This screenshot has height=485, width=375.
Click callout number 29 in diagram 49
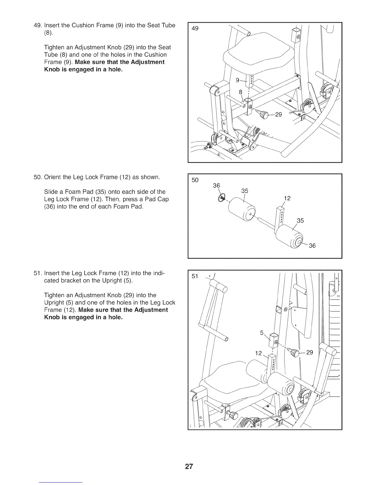tap(278, 115)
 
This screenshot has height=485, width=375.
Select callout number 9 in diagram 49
tap(237, 81)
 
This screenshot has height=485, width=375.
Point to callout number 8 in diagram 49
tap(241, 91)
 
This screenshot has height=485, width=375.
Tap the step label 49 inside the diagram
tap(195, 29)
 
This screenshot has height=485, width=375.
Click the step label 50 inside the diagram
tap(195, 180)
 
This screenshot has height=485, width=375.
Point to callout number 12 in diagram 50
tap(287, 198)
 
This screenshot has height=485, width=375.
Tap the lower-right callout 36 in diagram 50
tap(312, 246)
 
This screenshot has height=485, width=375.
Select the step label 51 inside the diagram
tap(195, 276)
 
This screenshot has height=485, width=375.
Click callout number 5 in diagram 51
tap(262, 333)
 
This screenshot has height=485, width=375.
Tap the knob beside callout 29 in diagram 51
tap(295, 352)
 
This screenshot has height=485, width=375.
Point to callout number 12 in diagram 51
tap(259, 353)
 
